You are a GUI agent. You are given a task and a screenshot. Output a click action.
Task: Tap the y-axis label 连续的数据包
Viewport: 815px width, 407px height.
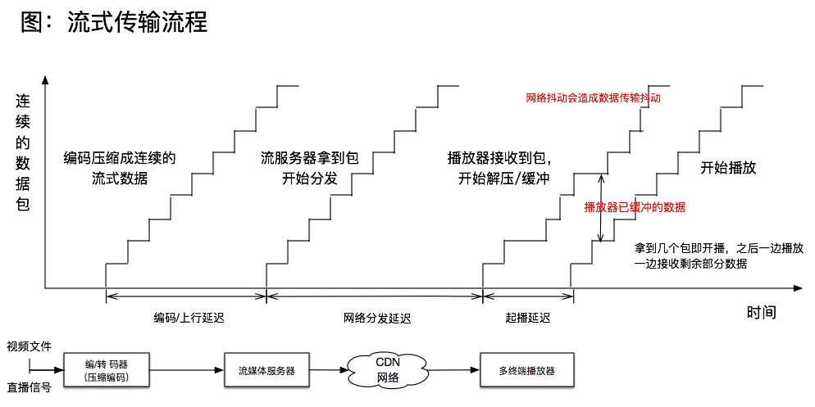[24, 153]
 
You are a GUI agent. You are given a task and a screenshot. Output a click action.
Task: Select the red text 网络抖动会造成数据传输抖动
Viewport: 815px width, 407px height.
[593, 97]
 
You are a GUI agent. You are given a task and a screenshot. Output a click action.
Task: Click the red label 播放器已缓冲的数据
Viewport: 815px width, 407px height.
[634, 207]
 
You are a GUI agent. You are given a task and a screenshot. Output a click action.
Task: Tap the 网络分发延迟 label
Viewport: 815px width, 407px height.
[376, 317]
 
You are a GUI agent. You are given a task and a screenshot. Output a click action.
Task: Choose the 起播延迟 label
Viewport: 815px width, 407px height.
[528, 317]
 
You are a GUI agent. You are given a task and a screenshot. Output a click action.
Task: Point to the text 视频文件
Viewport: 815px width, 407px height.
[29, 346]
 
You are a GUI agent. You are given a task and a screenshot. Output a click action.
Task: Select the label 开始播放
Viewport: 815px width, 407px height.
[727, 168]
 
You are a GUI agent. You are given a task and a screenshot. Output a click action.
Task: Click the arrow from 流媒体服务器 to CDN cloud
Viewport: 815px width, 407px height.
[327, 371]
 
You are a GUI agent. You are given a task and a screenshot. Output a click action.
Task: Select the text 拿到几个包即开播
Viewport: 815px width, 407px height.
[685, 246]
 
